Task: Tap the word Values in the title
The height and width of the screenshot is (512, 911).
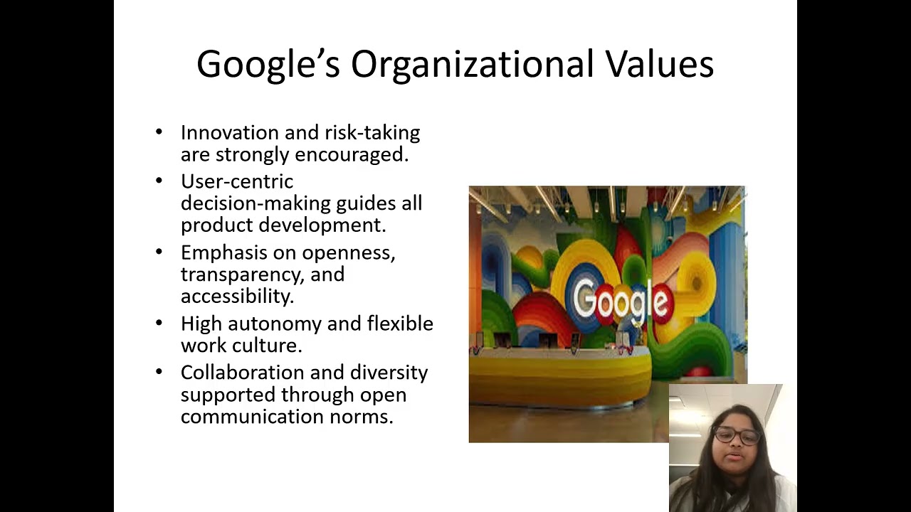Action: (x=660, y=64)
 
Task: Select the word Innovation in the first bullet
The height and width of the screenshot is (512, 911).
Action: (x=229, y=133)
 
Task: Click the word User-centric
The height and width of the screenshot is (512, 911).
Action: (x=236, y=181)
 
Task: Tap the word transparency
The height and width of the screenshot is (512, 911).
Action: (x=242, y=274)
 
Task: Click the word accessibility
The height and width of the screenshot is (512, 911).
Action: (x=237, y=296)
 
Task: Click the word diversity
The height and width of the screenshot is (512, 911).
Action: (x=379, y=373)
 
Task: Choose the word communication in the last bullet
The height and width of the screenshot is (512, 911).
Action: (x=252, y=416)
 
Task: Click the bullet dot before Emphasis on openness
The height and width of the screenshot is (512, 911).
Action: (x=159, y=252)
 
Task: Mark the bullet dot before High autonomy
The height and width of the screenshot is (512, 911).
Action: (x=159, y=323)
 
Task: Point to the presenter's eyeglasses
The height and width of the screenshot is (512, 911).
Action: (x=737, y=435)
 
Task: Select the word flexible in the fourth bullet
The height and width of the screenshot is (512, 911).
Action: (x=400, y=324)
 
